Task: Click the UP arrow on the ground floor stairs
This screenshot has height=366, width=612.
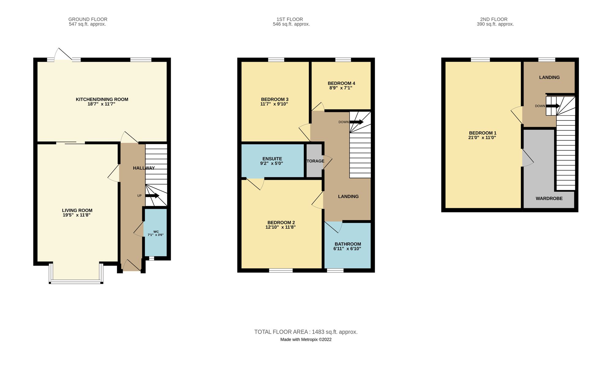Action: tap(152, 196)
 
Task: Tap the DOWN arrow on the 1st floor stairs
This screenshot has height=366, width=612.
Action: tap(356, 122)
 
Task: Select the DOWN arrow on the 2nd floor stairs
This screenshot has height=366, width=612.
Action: tap(553, 106)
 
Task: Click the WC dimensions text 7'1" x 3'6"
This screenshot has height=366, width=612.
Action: tap(156, 235)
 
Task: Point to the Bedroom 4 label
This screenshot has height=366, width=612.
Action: tap(341, 83)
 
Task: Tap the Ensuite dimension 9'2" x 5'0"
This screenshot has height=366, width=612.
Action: tap(272, 163)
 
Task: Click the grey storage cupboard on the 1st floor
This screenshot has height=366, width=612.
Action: tap(314, 161)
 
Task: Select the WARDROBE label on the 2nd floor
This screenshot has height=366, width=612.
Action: tap(549, 198)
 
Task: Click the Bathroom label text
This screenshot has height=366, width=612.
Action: tap(348, 244)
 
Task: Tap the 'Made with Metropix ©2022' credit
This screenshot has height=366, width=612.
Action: tap(306, 339)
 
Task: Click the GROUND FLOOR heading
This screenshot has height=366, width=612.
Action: tap(88, 19)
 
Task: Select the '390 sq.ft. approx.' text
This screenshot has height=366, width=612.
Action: tap(495, 24)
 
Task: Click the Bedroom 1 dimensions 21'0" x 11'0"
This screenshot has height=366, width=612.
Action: tap(483, 138)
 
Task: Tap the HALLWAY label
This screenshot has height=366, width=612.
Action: tap(144, 168)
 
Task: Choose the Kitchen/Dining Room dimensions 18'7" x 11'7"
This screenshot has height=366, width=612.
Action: tap(102, 104)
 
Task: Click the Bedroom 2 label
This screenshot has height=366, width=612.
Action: tap(281, 223)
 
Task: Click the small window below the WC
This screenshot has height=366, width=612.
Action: tap(151, 258)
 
